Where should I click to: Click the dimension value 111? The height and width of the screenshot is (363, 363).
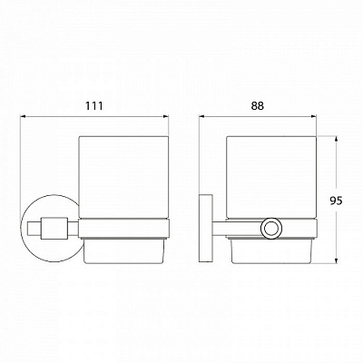click(x=93, y=106)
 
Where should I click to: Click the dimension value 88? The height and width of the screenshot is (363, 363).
click(x=257, y=105)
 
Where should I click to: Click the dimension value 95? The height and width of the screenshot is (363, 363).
click(x=336, y=201)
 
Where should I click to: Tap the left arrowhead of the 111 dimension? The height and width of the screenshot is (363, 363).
click(x=24, y=116)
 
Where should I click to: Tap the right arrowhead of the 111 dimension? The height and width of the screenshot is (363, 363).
click(x=165, y=116)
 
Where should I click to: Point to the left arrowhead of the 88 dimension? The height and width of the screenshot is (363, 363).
click(x=202, y=116)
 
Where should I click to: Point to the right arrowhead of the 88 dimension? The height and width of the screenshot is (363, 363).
click(x=313, y=116)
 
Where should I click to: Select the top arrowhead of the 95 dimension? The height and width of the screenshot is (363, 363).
click(x=336, y=140)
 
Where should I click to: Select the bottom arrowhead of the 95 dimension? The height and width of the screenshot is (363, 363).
click(x=336, y=260)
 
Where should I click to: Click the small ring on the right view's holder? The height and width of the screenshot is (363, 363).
click(x=271, y=228)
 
